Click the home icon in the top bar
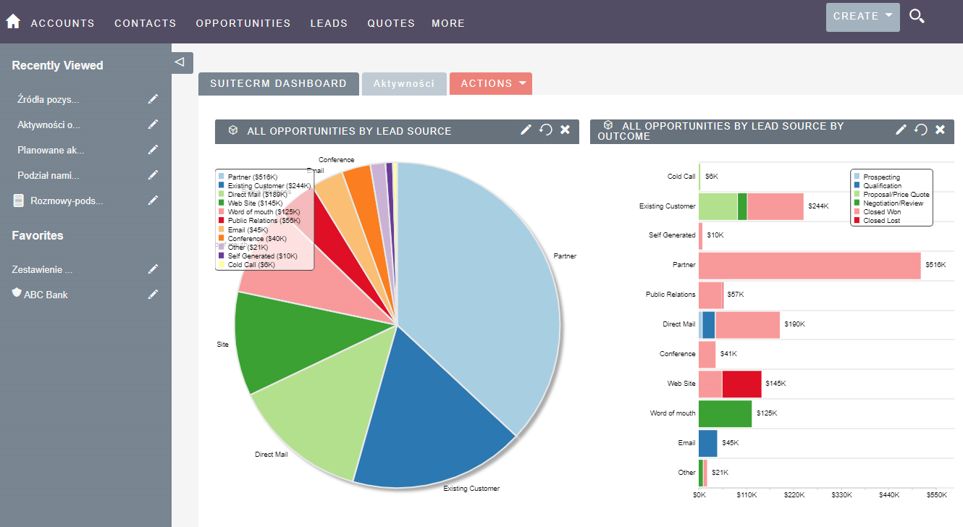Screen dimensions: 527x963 [13, 22]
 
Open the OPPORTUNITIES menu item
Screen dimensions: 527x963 [243, 23]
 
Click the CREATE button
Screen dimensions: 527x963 [862, 17]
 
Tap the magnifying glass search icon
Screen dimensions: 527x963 [917, 17]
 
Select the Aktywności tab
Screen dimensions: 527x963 [404, 84]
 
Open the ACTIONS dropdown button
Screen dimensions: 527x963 [491, 84]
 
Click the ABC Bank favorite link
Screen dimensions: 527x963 [46, 295]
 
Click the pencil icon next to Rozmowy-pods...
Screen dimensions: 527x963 [153, 201]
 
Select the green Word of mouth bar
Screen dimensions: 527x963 [725, 413]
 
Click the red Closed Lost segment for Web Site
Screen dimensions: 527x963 [741, 384]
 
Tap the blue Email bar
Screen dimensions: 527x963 [707, 443]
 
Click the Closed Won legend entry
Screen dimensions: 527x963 [881, 212]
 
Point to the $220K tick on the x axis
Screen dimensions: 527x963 [794, 495]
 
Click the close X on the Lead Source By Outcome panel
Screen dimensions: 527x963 [940, 130]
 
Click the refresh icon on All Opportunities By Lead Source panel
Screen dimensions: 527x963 [546, 130]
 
